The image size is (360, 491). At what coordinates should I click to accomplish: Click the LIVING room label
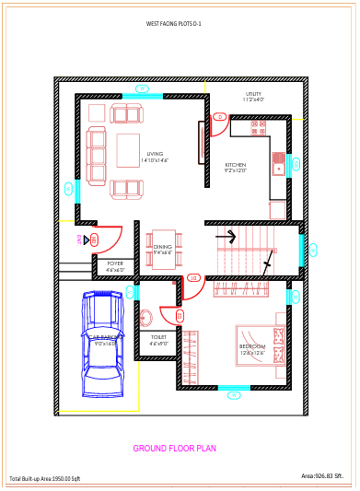tap(155, 154)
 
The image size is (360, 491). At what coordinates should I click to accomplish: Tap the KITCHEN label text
tap(236, 166)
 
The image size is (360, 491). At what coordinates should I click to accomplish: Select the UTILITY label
tap(254, 94)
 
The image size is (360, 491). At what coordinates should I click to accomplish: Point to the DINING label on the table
tap(162, 247)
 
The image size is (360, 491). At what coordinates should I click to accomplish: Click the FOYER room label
tap(115, 263)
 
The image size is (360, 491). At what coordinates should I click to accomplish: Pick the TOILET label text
tap(159, 337)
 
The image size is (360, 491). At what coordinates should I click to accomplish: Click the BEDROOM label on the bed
tap(252, 347)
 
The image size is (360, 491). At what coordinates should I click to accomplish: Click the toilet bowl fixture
tap(145, 318)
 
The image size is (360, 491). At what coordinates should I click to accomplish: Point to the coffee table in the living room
tap(128, 150)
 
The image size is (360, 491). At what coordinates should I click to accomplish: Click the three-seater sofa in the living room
tap(97, 155)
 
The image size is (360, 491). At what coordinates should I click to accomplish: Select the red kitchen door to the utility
tap(219, 123)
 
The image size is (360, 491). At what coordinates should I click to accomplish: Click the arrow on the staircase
tap(227, 237)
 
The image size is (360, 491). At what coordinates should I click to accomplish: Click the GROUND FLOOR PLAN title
tap(175, 449)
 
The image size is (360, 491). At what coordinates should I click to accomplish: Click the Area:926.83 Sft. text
tap(328, 475)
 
